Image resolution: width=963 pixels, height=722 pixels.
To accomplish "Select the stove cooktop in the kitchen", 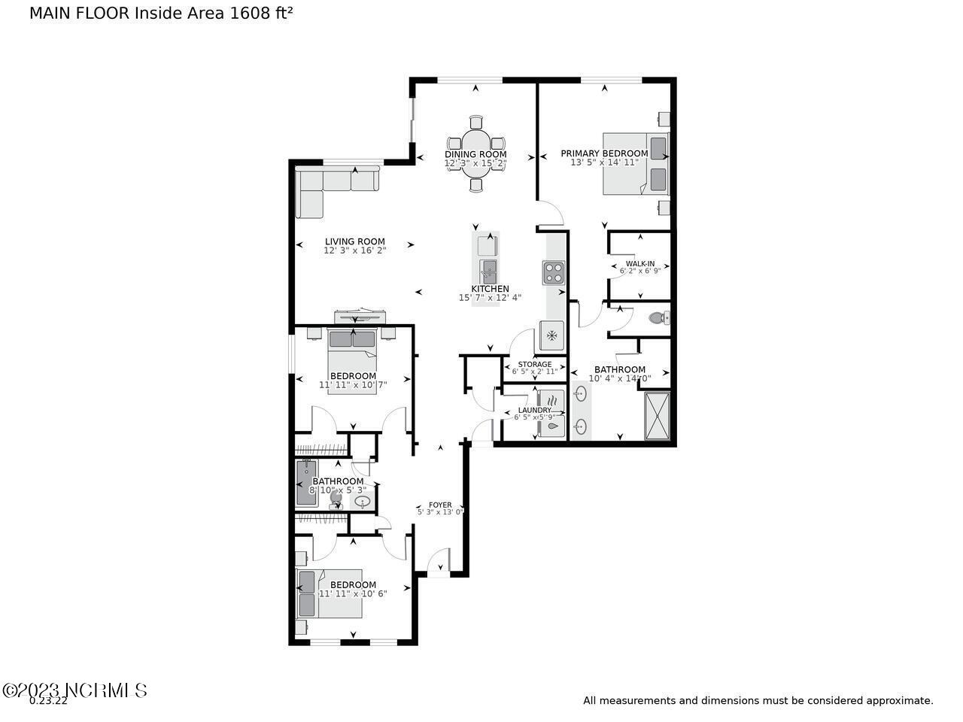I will click(553, 272).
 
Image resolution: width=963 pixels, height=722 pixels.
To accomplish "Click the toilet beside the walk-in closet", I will click(658, 318).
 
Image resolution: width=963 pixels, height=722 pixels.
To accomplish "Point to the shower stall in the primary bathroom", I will click(657, 415).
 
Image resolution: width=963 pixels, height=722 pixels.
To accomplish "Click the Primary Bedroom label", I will click(604, 153).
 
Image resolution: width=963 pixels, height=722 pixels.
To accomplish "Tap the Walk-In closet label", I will click(639, 264).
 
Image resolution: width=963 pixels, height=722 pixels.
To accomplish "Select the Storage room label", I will click(535, 365).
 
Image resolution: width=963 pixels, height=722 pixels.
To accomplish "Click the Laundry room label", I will click(534, 411).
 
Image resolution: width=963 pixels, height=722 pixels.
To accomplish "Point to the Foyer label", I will click(440, 505).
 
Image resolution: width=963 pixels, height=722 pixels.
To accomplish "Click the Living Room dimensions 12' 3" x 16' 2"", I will click(354, 250).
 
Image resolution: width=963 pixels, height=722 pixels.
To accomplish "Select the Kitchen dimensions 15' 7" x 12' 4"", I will click(490, 298).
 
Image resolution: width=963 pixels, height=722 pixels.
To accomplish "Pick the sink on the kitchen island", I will click(489, 268).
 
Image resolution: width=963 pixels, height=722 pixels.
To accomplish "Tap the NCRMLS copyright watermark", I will click(75, 690).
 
